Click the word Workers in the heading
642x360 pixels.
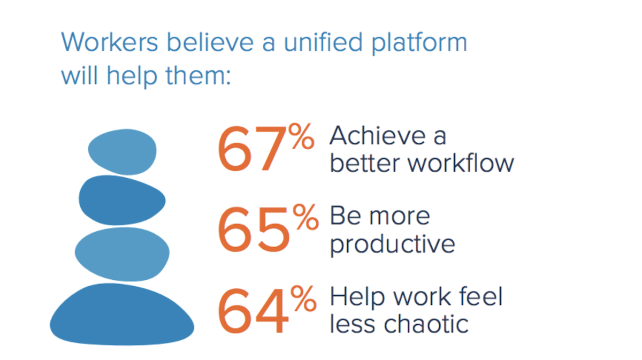pos(110,42)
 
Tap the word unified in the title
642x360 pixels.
pos(323,42)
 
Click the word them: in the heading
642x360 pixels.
pos(198,75)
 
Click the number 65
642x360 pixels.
pos(254,229)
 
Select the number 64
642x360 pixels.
pos(253,311)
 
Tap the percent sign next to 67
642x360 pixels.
pos(301,136)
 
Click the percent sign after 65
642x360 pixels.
pos(305,217)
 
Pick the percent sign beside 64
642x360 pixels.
pos(303,298)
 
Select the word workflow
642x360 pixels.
pos(461,163)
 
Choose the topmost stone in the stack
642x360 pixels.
pos(123,152)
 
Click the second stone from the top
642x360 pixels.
pos(122,200)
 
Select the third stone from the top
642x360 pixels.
pos(122,254)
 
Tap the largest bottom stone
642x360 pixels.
pos(122,314)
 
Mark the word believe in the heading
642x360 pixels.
pos(210,42)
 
